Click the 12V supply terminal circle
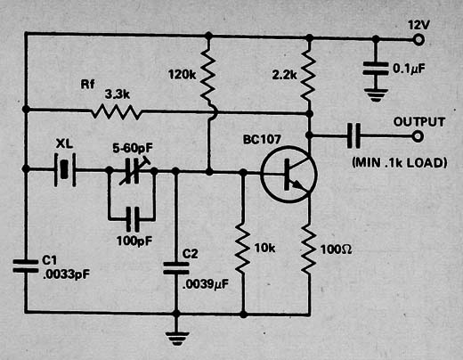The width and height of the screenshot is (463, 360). click(x=418, y=39)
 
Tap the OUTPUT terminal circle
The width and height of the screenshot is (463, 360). click(x=418, y=136)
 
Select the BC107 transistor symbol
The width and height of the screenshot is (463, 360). click(x=288, y=175)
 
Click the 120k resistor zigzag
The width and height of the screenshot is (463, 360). click(x=208, y=76)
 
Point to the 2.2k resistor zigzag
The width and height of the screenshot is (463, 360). click(x=308, y=76)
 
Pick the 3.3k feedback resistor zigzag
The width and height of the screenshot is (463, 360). click(x=116, y=112)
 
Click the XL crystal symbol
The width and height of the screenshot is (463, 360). click(x=65, y=170)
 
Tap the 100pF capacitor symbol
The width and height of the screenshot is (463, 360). click(x=133, y=219)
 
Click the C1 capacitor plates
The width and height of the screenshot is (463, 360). click(x=26, y=266)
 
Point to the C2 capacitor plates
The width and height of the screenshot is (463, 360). click(x=176, y=268)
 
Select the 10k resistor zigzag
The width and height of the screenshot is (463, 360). click(x=243, y=249)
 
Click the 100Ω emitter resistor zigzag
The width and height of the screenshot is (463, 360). click(x=309, y=249)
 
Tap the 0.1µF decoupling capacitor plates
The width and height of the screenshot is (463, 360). click(x=376, y=69)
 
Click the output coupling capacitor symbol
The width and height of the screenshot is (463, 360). click(x=353, y=135)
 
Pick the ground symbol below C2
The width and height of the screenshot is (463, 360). click(x=177, y=339)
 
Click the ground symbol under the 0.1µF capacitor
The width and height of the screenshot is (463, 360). click(x=376, y=94)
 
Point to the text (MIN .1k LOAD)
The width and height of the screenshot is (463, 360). click(x=399, y=163)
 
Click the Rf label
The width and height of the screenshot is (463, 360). click(x=87, y=85)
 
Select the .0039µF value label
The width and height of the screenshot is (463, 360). click(x=206, y=284)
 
